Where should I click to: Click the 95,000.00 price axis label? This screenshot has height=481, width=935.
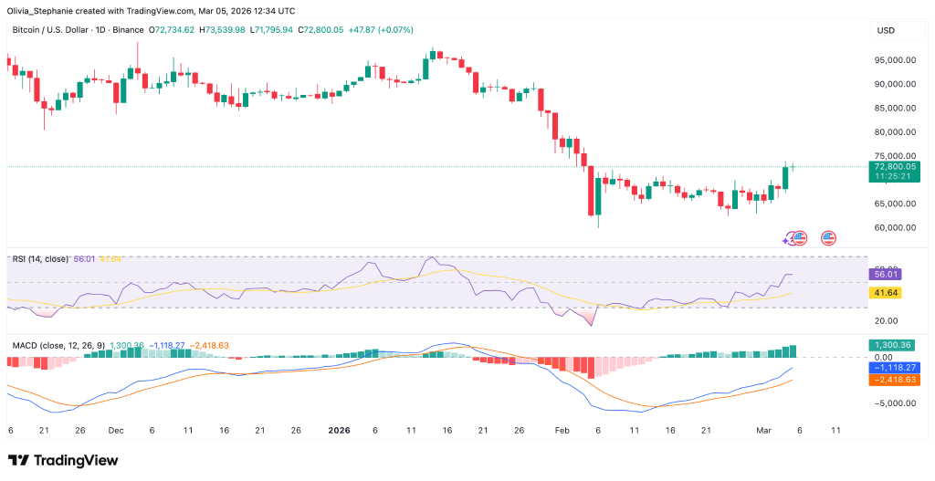point(895,60)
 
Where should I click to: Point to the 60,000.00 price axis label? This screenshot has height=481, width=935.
point(895,228)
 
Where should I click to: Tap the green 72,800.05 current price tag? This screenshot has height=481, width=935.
point(895,168)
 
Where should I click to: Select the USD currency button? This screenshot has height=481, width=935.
point(886,31)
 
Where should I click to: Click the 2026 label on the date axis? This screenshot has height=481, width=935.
point(338,429)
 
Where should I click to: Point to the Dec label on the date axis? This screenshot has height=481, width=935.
point(116,429)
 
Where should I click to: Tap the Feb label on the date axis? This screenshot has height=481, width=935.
point(562,429)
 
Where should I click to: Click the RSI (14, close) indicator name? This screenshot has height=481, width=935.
point(40,259)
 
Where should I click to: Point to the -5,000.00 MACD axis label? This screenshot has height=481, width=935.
point(895,403)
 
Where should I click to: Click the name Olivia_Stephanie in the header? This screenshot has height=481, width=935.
point(41,9)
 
